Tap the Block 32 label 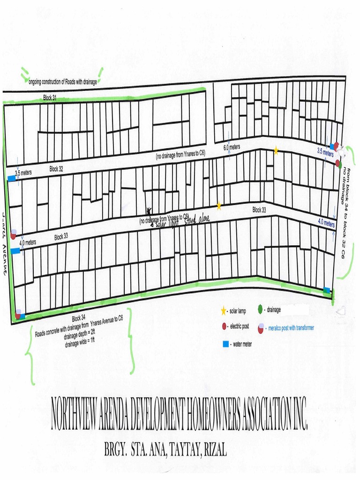[56, 169]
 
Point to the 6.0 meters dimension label [231, 147]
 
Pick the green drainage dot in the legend [260, 309]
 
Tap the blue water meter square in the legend [225, 344]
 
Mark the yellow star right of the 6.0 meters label [276, 150]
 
